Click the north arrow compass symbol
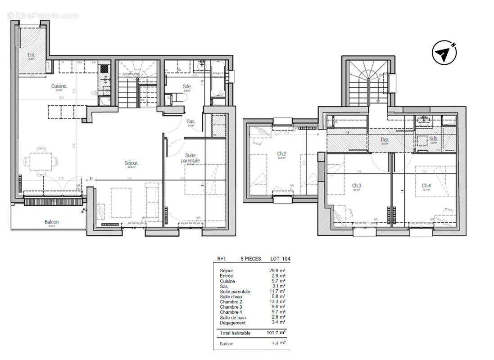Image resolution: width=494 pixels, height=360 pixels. [x=444, y=53]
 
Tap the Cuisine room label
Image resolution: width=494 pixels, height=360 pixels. [x=59, y=85]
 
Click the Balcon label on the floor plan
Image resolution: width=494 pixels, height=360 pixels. [x=51, y=222]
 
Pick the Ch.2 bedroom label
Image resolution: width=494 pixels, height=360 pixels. [x=281, y=153]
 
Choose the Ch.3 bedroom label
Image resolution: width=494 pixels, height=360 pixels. [x=357, y=185]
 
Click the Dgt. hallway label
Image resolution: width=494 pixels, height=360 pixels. [x=385, y=140]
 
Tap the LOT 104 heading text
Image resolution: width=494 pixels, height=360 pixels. [x=280, y=259]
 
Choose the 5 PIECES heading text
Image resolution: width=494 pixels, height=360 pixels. [x=251, y=259]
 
